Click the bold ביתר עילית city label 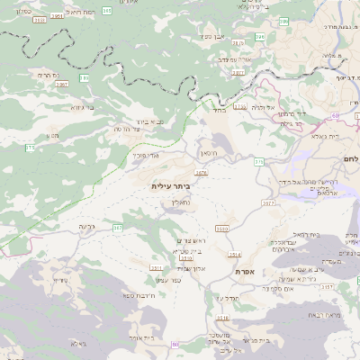(x=171, y=185)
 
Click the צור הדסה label (x=130, y=129)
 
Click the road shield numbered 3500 (x=221, y=228)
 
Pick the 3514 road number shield (x=234, y=255)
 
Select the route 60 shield (x=335, y=115)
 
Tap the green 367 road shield (x=117, y=228)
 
